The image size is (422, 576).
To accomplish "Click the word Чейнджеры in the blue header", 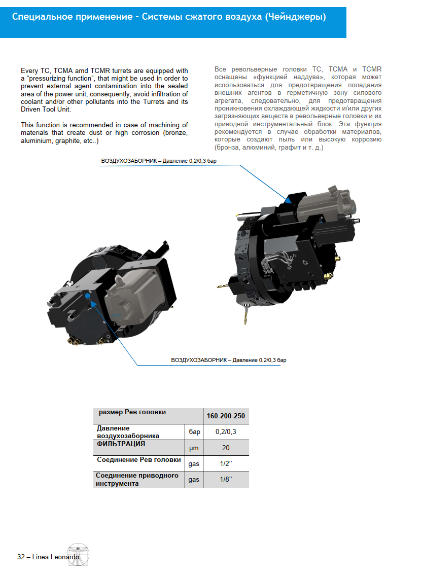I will [x=295, y=17].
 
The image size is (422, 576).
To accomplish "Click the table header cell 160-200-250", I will [x=226, y=416].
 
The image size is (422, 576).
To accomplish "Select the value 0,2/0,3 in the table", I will [x=226, y=432].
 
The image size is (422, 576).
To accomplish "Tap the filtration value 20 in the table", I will [x=226, y=448].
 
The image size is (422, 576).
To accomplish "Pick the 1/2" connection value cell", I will [x=226, y=463].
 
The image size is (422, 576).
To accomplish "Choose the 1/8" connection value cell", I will [x=226, y=479].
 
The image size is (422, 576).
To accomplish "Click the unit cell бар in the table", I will [x=194, y=432].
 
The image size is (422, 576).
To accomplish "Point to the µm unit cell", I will [x=194, y=448].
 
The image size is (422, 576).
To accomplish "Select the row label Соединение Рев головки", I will [x=138, y=460].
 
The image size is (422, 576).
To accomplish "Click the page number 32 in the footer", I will [x=21, y=556].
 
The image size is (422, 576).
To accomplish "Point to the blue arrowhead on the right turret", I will [x=288, y=200].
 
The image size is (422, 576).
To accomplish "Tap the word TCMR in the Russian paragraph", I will [x=372, y=69].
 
